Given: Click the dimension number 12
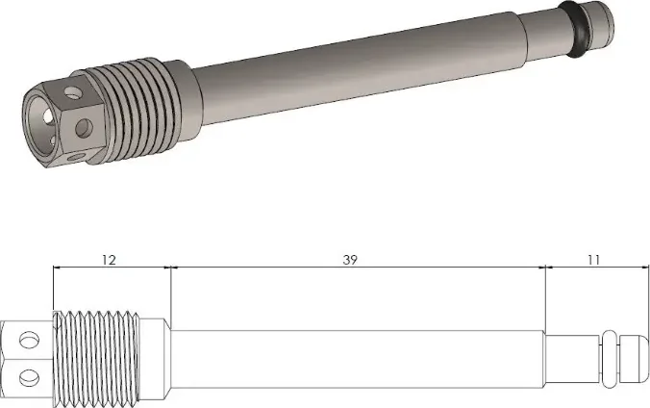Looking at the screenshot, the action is point(109,260).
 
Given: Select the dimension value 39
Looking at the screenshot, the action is point(350,260).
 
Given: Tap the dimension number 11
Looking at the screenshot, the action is point(593,260).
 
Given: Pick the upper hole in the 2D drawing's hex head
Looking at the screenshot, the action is point(30,341).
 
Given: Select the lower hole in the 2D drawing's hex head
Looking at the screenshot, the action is point(30,377).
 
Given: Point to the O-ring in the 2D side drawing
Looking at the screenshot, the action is point(610,359).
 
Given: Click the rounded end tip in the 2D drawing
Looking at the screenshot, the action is point(634,360).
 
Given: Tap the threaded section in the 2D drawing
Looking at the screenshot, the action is point(96,359).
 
